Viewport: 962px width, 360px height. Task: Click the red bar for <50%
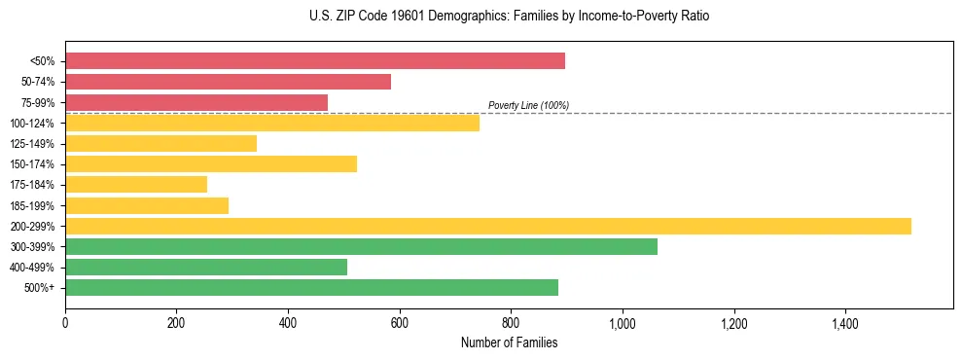(x=314, y=61)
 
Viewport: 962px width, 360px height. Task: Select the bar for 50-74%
(x=228, y=82)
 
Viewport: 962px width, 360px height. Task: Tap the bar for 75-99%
(x=196, y=102)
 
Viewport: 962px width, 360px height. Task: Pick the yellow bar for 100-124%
(x=272, y=123)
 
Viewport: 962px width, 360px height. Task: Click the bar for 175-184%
(x=136, y=185)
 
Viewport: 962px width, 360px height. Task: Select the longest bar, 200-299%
(x=488, y=226)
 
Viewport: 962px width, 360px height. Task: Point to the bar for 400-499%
(x=206, y=268)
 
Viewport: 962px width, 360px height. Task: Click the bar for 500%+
(x=311, y=288)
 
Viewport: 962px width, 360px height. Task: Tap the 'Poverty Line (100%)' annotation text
(x=528, y=105)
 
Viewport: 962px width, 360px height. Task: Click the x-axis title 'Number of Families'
(x=509, y=342)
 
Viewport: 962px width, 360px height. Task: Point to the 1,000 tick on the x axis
(x=622, y=323)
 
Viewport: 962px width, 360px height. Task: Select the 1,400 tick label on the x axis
(x=844, y=323)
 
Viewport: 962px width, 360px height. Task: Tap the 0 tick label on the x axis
(x=65, y=323)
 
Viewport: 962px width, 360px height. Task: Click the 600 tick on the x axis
(x=399, y=323)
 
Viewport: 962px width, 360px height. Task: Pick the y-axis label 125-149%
(x=32, y=144)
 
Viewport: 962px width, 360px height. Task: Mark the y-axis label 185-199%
(x=32, y=206)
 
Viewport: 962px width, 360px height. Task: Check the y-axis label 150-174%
(x=32, y=164)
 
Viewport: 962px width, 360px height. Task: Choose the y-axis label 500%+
(x=40, y=288)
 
